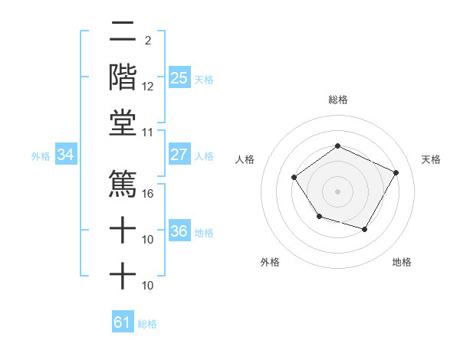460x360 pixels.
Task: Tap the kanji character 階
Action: [x=123, y=77]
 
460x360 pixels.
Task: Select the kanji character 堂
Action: [x=123, y=123]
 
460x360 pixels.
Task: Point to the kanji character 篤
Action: [x=123, y=182]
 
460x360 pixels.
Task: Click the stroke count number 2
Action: [x=148, y=41]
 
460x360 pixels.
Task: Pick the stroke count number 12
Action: [x=148, y=87]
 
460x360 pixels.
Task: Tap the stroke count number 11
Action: [x=148, y=133]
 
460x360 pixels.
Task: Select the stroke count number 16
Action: [x=148, y=193]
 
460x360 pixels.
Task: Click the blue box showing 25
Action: [x=179, y=77]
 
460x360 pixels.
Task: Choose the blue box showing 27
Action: [x=179, y=155]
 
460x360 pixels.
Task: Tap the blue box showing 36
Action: [x=179, y=231]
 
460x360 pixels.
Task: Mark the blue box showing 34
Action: [x=66, y=155]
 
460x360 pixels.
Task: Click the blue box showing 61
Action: [x=123, y=322]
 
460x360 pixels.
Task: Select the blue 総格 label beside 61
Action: [x=147, y=324]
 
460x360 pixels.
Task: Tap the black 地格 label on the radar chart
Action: [x=402, y=262]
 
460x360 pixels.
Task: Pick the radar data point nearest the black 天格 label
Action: [x=396, y=172]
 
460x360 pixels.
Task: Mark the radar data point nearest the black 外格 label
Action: [x=319, y=218]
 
